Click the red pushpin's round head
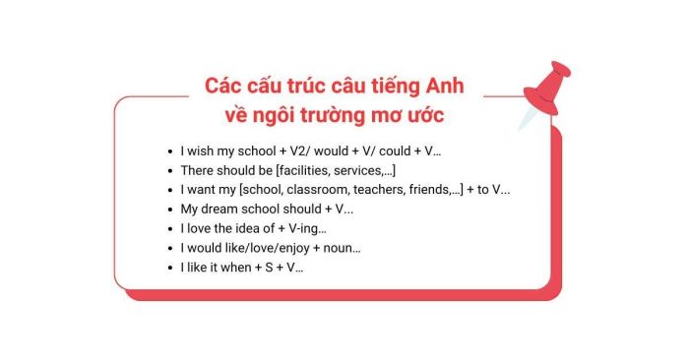[x=560, y=75]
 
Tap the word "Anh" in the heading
[x=443, y=87]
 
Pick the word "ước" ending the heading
[x=426, y=116]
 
